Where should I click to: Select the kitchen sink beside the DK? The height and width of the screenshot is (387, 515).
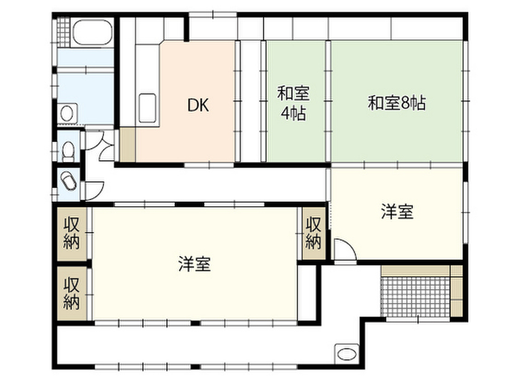click(x=147, y=108)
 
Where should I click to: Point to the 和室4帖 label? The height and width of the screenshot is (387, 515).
click(x=294, y=103)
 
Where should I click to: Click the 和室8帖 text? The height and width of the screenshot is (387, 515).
click(x=397, y=103)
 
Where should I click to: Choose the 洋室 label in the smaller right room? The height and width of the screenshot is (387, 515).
click(x=397, y=212)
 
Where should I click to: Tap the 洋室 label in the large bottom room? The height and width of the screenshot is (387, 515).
click(x=194, y=264)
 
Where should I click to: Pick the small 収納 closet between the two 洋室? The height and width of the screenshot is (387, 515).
click(x=314, y=233)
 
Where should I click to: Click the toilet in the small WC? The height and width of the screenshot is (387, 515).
click(x=68, y=150)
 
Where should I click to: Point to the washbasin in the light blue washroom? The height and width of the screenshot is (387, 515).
click(x=67, y=112)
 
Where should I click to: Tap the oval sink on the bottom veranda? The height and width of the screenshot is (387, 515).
click(x=347, y=353)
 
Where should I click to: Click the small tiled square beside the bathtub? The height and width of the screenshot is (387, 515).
click(x=63, y=31)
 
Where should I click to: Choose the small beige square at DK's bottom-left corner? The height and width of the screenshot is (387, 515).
click(x=127, y=146)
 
